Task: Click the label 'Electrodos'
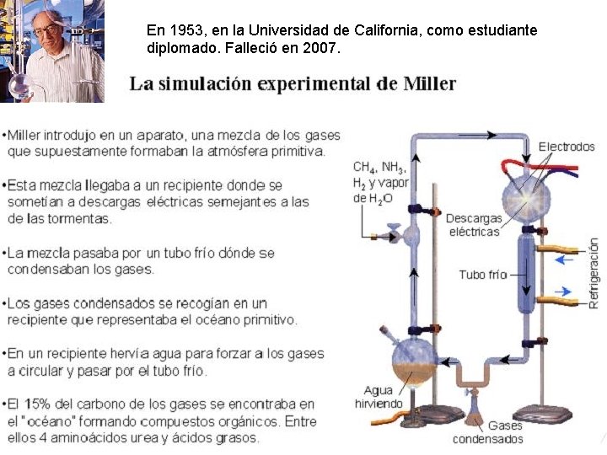tap(567, 147)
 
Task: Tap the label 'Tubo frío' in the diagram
tap(483, 275)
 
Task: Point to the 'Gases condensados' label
tap(487, 432)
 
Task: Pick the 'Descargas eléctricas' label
tap(474, 225)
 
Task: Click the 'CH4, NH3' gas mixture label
tap(379, 167)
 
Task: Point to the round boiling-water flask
tap(414, 363)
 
